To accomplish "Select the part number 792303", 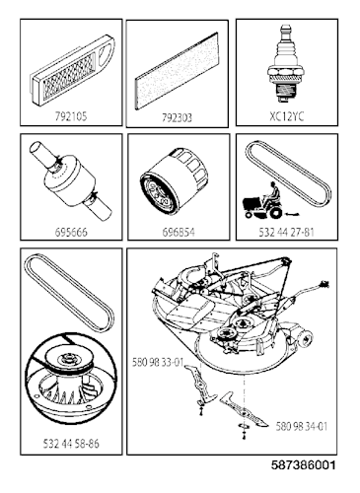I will click(x=178, y=115).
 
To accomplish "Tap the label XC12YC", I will click(x=286, y=115).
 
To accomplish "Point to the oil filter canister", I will click(x=178, y=183).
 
